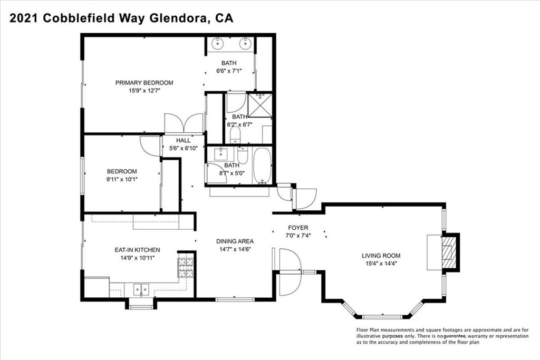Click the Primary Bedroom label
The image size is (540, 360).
click(x=144, y=83)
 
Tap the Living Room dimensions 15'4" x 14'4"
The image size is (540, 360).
click(x=381, y=264)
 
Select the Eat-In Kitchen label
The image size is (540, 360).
click(x=137, y=250)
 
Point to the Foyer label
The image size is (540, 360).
click(x=298, y=228)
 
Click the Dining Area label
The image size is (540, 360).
click(x=235, y=241)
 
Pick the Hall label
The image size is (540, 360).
click(x=183, y=140)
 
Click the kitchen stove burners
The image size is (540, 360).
click(x=185, y=267)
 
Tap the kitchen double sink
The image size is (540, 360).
click(x=141, y=290)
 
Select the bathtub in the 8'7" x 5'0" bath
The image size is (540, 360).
click(x=263, y=166)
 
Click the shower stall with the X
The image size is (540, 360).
click(x=260, y=105)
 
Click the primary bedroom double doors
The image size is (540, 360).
click(x=184, y=123)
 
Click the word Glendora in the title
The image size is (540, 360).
click(x=178, y=18)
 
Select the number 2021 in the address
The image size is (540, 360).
click(x=24, y=18)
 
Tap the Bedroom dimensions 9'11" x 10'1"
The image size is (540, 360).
click(x=122, y=179)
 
